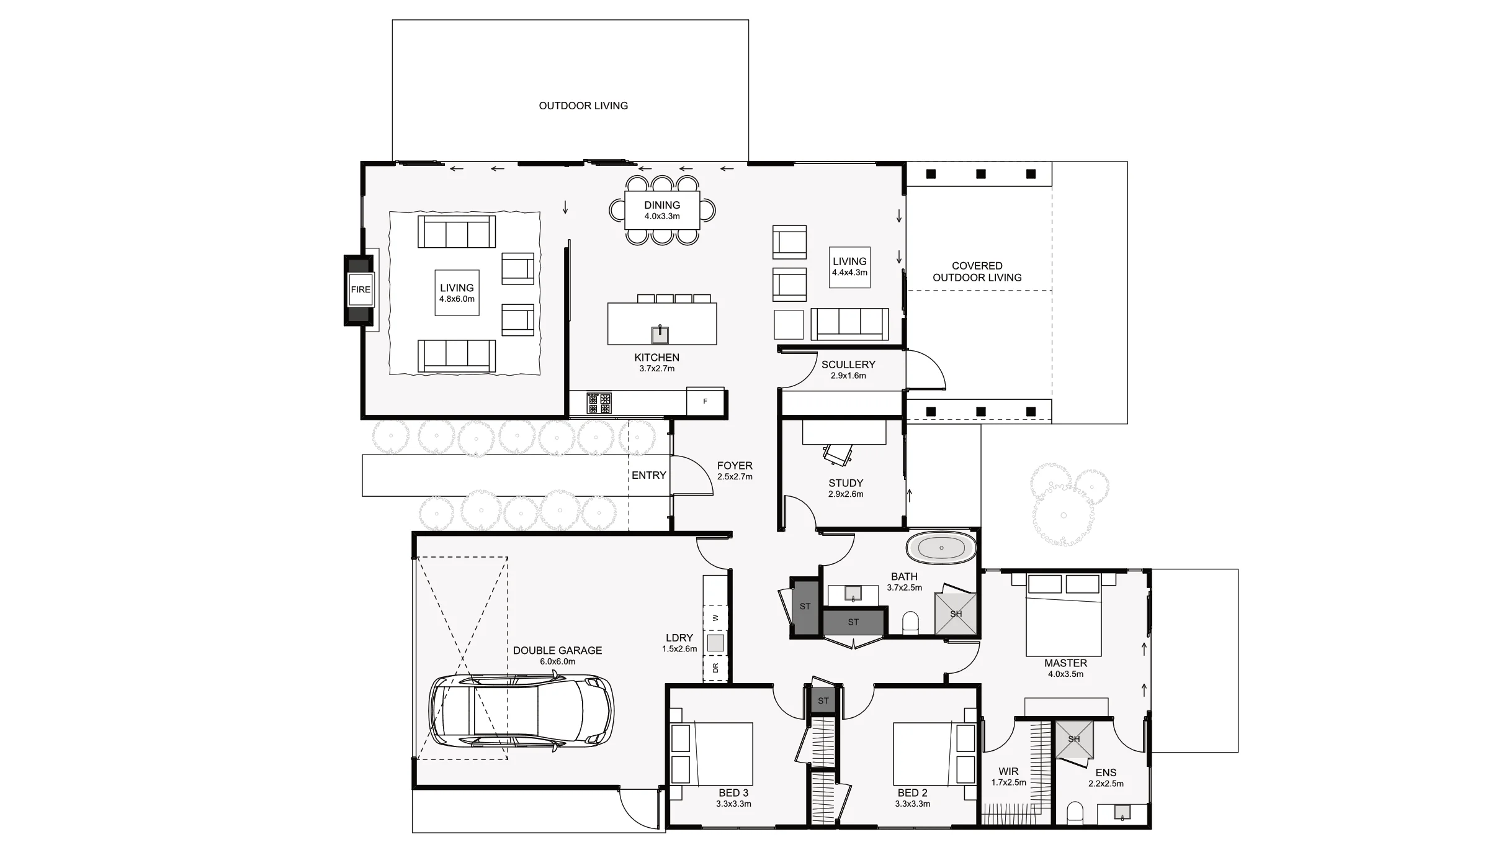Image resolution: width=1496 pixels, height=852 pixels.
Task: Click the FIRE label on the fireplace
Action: click(361, 289)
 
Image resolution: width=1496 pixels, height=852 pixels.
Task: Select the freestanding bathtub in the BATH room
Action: click(941, 548)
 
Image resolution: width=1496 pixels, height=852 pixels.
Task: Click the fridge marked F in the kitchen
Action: click(705, 402)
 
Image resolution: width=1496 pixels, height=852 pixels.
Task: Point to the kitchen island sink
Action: click(660, 335)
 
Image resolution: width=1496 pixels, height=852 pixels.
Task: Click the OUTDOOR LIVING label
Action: click(583, 106)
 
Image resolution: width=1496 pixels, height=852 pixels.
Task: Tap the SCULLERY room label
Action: click(848, 365)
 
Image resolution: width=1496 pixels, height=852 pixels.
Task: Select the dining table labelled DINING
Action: click(662, 211)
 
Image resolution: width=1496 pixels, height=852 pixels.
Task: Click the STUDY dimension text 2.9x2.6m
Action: click(845, 494)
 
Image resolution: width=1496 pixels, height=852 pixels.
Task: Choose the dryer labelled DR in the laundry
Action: click(715, 668)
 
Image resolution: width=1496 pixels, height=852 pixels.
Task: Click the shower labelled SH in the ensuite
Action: click(1074, 739)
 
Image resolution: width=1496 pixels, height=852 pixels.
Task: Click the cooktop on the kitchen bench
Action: click(599, 403)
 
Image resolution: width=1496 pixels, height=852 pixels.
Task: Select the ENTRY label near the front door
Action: click(648, 475)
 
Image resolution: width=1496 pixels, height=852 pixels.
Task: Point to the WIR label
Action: click(1008, 771)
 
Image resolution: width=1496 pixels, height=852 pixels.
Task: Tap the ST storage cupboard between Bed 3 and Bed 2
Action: click(823, 701)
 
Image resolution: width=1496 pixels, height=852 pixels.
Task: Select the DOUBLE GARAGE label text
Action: click(557, 650)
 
